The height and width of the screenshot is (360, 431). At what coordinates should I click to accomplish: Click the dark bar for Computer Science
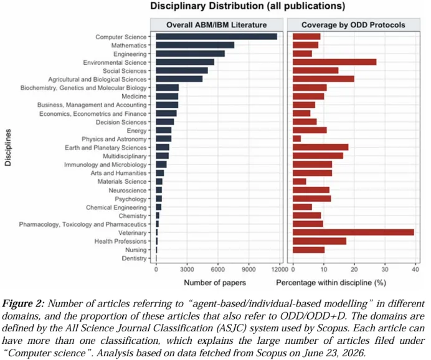click(x=217, y=37)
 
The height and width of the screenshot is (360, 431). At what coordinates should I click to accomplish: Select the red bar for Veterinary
click(x=354, y=232)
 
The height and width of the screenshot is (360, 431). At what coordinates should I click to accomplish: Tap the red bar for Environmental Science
click(x=334, y=62)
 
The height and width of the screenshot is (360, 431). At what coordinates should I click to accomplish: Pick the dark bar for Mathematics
click(x=195, y=45)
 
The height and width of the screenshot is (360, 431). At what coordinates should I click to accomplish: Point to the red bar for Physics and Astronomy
click(x=297, y=139)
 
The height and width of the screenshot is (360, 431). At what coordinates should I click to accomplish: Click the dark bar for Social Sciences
click(x=182, y=70)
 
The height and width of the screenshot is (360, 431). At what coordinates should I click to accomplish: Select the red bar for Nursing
click(x=309, y=250)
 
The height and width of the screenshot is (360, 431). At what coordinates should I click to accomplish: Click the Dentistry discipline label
click(x=134, y=258)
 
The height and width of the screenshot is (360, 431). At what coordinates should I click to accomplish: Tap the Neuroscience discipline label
click(x=128, y=190)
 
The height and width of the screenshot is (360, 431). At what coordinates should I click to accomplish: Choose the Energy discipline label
click(x=136, y=131)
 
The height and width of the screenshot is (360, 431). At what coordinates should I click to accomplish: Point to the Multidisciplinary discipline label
click(x=125, y=156)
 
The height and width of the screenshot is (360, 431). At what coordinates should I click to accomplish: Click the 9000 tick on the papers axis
click(x=249, y=269)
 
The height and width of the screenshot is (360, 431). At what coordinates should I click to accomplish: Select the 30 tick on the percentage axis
click(x=385, y=269)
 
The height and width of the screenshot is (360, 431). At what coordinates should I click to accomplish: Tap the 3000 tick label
click(x=187, y=269)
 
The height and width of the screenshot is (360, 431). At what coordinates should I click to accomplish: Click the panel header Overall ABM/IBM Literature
click(x=217, y=25)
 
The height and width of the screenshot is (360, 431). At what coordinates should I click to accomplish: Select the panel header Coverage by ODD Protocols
click(x=354, y=25)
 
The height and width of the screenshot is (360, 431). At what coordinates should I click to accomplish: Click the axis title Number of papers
click(x=215, y=283)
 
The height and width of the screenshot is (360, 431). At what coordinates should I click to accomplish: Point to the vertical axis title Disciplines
click(x=8, y=148)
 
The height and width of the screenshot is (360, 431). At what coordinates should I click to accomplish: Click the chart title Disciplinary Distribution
click(x=207, y=6)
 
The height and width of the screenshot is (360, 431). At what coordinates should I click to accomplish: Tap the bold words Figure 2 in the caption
click(x=23, y=304)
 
